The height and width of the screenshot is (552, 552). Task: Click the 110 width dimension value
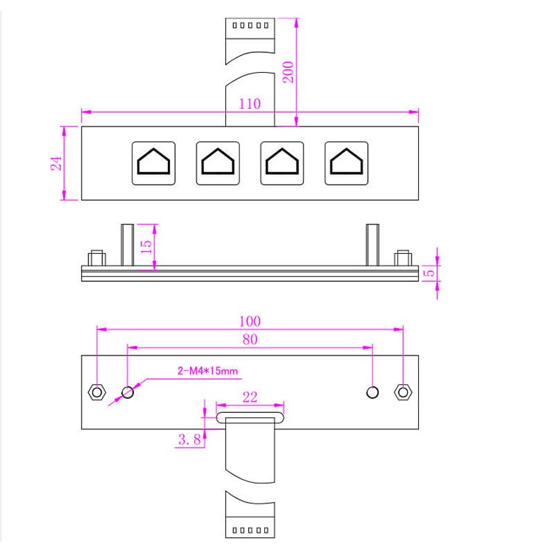click(250, 104)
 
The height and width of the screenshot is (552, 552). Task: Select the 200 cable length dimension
click(289, 71)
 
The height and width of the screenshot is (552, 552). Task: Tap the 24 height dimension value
click(55, 163)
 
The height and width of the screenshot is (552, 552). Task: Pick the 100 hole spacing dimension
click(250, 321)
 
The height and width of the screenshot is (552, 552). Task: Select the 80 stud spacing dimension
click(250, 339)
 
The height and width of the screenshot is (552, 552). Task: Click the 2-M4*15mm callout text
click(208, 371)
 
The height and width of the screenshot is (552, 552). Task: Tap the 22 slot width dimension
click(250, 397)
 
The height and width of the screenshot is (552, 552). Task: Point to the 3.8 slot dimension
click(188, 440)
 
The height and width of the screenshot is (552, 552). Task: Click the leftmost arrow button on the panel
click(154, 163)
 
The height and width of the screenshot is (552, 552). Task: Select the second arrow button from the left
click(218, 163)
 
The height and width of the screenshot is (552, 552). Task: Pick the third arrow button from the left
click(283, 163)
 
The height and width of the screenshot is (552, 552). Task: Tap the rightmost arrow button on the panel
click(347, 163)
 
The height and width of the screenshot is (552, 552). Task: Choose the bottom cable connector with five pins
click(250, 529)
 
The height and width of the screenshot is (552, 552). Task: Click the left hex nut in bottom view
click(96, 392)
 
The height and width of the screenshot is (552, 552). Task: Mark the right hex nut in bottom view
click(402, 392)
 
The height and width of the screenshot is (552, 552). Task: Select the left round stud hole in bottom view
click(128, 392)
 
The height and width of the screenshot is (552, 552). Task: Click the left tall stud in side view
click(127, 244)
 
